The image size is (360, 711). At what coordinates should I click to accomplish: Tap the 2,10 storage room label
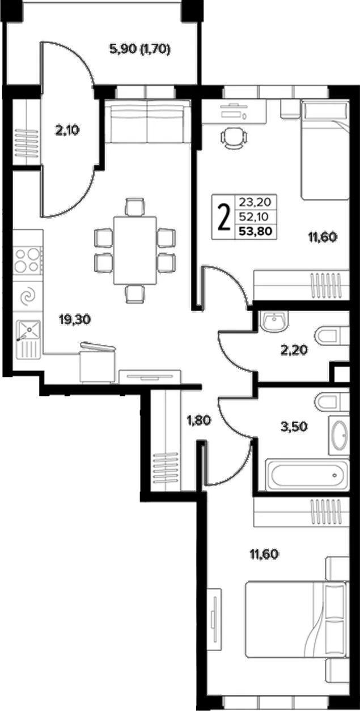pos(67,130)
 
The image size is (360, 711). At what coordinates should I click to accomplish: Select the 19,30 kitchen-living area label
pos(75,320)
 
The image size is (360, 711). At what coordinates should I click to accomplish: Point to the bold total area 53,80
pos(256,231)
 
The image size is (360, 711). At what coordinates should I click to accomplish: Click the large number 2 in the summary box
pos(225,218)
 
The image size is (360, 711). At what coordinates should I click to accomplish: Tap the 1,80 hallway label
pos(199,421)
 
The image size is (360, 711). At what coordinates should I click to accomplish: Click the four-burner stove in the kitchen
pos(28,260)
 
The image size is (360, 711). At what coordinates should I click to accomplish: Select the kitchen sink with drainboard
pos(28,339)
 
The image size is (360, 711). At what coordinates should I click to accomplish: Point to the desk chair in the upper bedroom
pos(234,138)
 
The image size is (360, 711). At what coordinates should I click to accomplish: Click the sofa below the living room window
pos(148,121)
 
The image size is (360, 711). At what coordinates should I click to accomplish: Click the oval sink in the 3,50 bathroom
pos(338,436)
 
